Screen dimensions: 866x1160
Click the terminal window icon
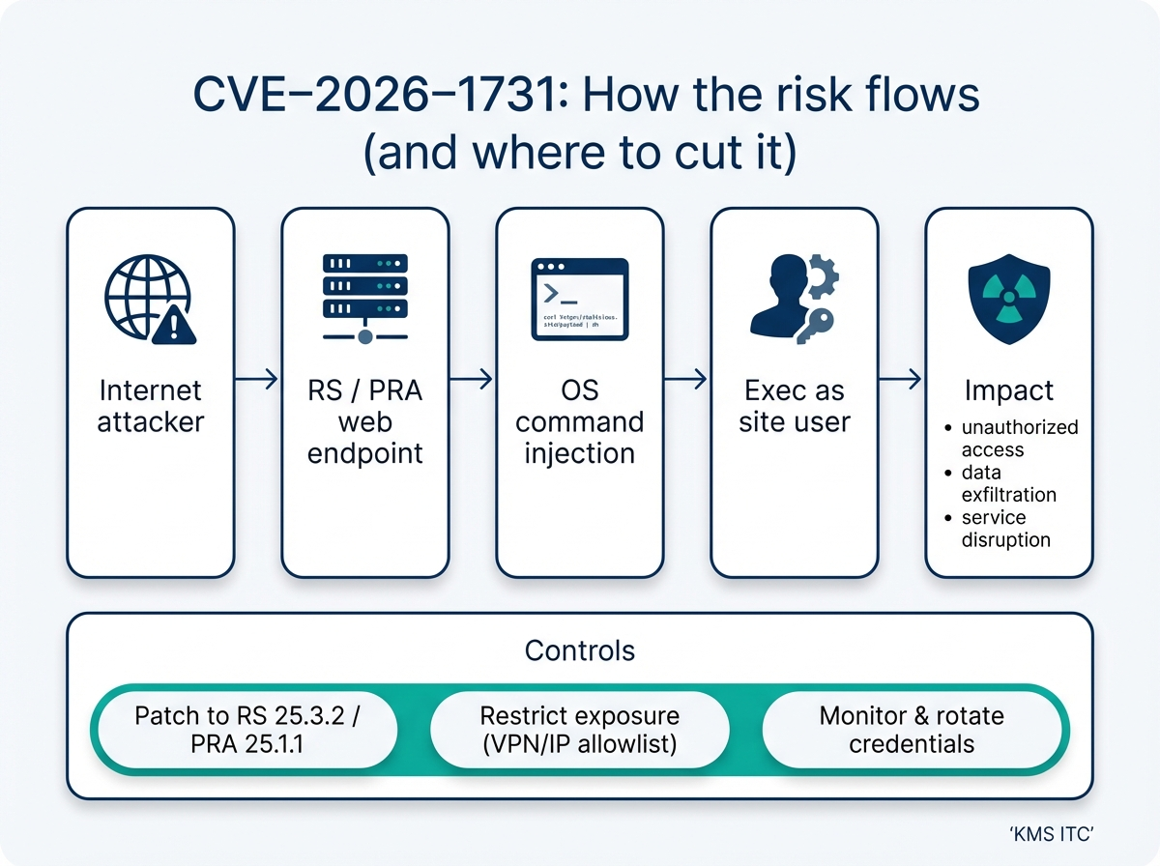click(x=579, y=299)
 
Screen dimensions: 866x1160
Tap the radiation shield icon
click(x=1008, y=299)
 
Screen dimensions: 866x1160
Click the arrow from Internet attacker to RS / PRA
click(x=257, y=380)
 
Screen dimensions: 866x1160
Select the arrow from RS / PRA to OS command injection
click(x=472, y=380)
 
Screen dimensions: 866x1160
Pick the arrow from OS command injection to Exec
click(x=686, y=380)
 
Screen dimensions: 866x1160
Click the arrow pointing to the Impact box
click(x=901, y=380)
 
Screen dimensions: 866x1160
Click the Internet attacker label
click(x=150, y=406)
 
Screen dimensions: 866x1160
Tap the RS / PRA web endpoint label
click(x=364, y=422)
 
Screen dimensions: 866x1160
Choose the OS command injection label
click(x=579, y=422)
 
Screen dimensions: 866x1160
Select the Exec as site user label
click(x=795, y=406)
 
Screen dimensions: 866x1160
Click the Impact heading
click(x=1008, y=390)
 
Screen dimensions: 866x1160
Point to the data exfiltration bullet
click(x=1008, y=483)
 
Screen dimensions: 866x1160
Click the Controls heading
click(x=579, y=649)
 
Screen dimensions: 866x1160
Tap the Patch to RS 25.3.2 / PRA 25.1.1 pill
click(x=251, y=730)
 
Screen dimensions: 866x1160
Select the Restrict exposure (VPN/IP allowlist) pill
click(x=579, y=730)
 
